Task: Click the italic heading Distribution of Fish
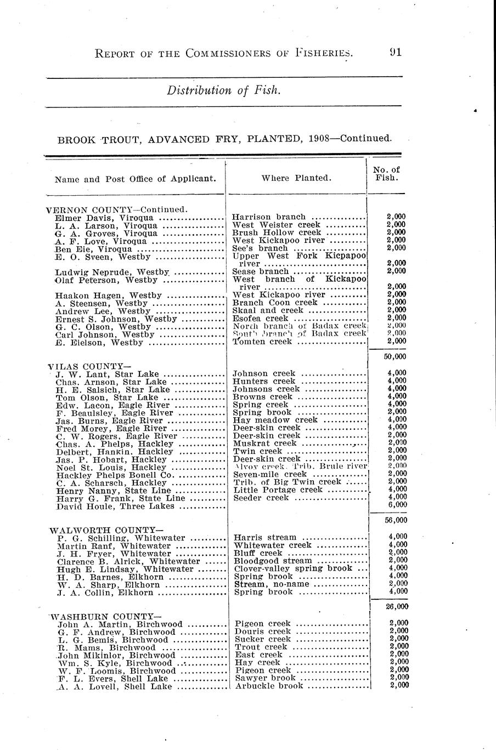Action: [x=224, y=90]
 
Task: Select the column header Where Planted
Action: [x=296, y=178]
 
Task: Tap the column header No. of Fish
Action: [x=386, y=174]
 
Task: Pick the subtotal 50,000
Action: [x=397, y=356]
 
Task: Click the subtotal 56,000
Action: [x=397, y=520]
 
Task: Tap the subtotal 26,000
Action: [x=397, y=606]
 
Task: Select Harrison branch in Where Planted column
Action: [x=269, y=217]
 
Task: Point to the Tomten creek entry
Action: [x=263, y=342]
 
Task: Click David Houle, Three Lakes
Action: [x=115, y=506]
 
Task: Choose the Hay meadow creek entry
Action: [x=275, y=420]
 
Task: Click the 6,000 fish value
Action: [x=397, y=504]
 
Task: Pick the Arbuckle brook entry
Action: [x=269, y=686]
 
